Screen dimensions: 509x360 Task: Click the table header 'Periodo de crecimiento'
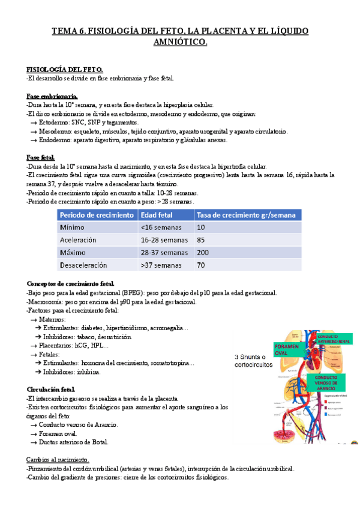(96, 215)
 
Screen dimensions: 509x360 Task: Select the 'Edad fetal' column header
(157, 215)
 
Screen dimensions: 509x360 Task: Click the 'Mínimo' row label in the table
(73, 227)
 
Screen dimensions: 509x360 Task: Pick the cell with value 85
(202, 239)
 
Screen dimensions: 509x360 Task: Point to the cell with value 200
(203, 252)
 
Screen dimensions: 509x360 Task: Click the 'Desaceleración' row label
(83, 264)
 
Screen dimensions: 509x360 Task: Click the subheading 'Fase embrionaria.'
(52, 95)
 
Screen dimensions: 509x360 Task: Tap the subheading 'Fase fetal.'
(42, 157)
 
